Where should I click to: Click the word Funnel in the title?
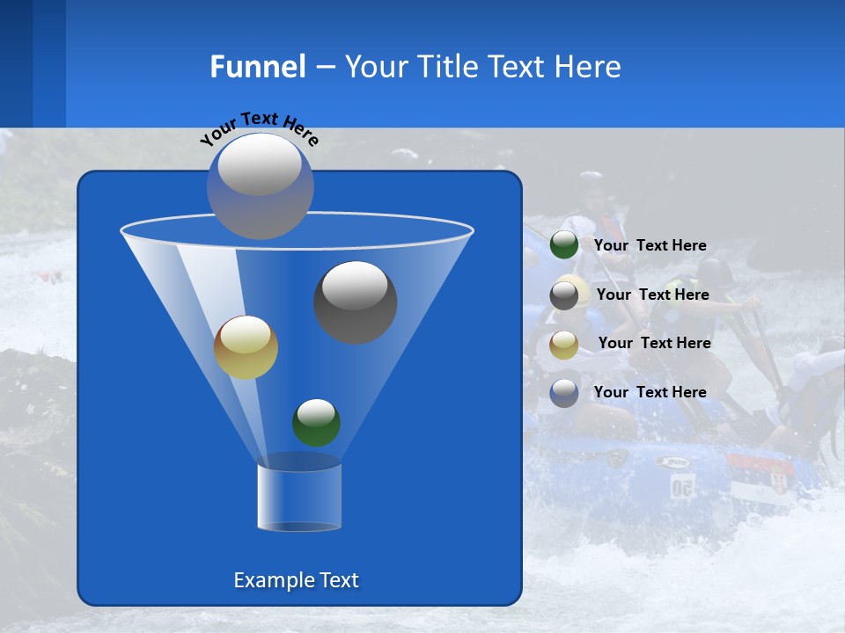[257, 66]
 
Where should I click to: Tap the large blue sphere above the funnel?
[261, 186]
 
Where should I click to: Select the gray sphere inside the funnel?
[355, 302]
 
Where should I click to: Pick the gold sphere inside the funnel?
[246, 347]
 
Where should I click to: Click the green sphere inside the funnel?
[316, 422]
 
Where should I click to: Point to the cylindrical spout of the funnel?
[299, 498]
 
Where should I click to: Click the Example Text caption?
[296, 580]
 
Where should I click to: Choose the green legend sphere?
[564, 245]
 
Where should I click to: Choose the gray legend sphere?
[564, 295]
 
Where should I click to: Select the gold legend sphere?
[564, 345]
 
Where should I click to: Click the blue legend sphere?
[564, 393]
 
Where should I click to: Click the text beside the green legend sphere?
[650, 245]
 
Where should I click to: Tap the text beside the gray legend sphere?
[652, 295]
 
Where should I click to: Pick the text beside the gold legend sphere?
[654, 343]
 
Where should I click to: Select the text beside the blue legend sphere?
[650, 392]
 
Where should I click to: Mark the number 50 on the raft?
[682, 486]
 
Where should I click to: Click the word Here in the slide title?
[589, 66]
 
